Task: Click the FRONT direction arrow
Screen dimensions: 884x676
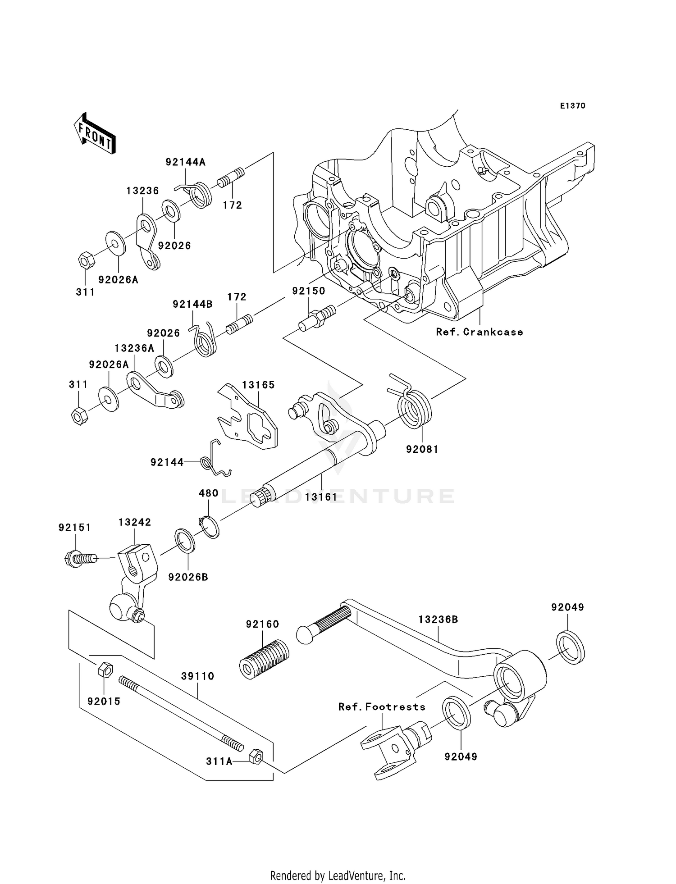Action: click(x=95, y=134)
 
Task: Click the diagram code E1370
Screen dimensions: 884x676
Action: click(x=572, y=106)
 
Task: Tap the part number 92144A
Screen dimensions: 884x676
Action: click(x=185, y=162)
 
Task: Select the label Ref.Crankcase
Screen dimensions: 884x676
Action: click(x=479, y=332)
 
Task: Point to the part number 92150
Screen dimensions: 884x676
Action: click(x=308, y=291)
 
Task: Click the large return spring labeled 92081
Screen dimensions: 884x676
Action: click(x=414, y=408)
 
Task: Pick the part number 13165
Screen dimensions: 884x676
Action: click(x=258, y=385)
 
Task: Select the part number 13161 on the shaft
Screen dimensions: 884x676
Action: click(x=321, y=497)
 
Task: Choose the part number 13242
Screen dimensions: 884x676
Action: click(x=135, y=522)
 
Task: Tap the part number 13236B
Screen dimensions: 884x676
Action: click(x=438, y=620)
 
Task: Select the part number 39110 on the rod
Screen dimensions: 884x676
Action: click(x=197, y=676)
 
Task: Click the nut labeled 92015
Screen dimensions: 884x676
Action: click(x=105, y=670)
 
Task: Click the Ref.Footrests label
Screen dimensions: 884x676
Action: click(x=382, y=707)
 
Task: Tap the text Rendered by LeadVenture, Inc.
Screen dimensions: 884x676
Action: click(x=338, y=875)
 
